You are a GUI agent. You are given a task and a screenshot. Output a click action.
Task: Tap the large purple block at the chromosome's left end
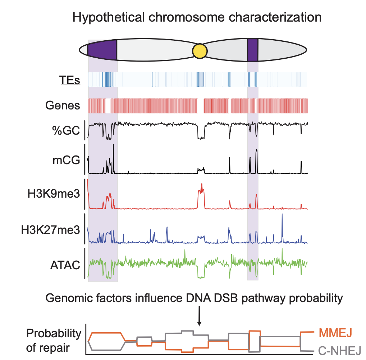[102, 50]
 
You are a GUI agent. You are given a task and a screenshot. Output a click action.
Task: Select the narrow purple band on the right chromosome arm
[252, 50]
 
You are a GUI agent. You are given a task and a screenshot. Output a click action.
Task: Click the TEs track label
[70, 79]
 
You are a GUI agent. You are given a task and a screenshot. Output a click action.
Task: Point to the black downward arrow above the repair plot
[200, 316]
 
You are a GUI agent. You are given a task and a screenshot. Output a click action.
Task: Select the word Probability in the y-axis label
[54, 333]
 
